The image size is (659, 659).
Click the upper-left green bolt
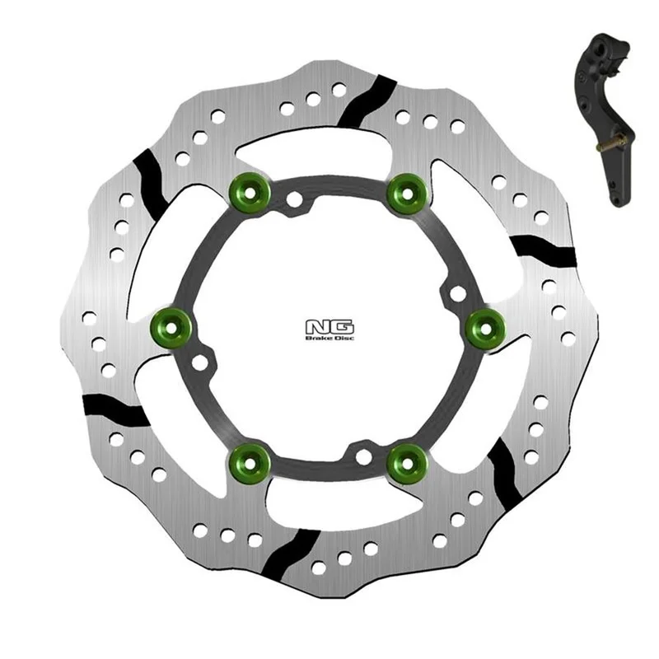click(x=250, y=194)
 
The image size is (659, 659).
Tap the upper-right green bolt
click(x=407, y=194)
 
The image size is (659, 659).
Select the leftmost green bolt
click(x=171, y=327)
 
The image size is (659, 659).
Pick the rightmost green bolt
click(x=485, y=327)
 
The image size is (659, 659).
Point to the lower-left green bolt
click(x=250, y=463)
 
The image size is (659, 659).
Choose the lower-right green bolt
click(x=407, y=463)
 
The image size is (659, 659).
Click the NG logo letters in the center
click(x=329, y=327)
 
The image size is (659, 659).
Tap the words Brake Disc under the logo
click(x=329, y=338)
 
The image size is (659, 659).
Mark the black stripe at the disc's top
click(x=367, y=101)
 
